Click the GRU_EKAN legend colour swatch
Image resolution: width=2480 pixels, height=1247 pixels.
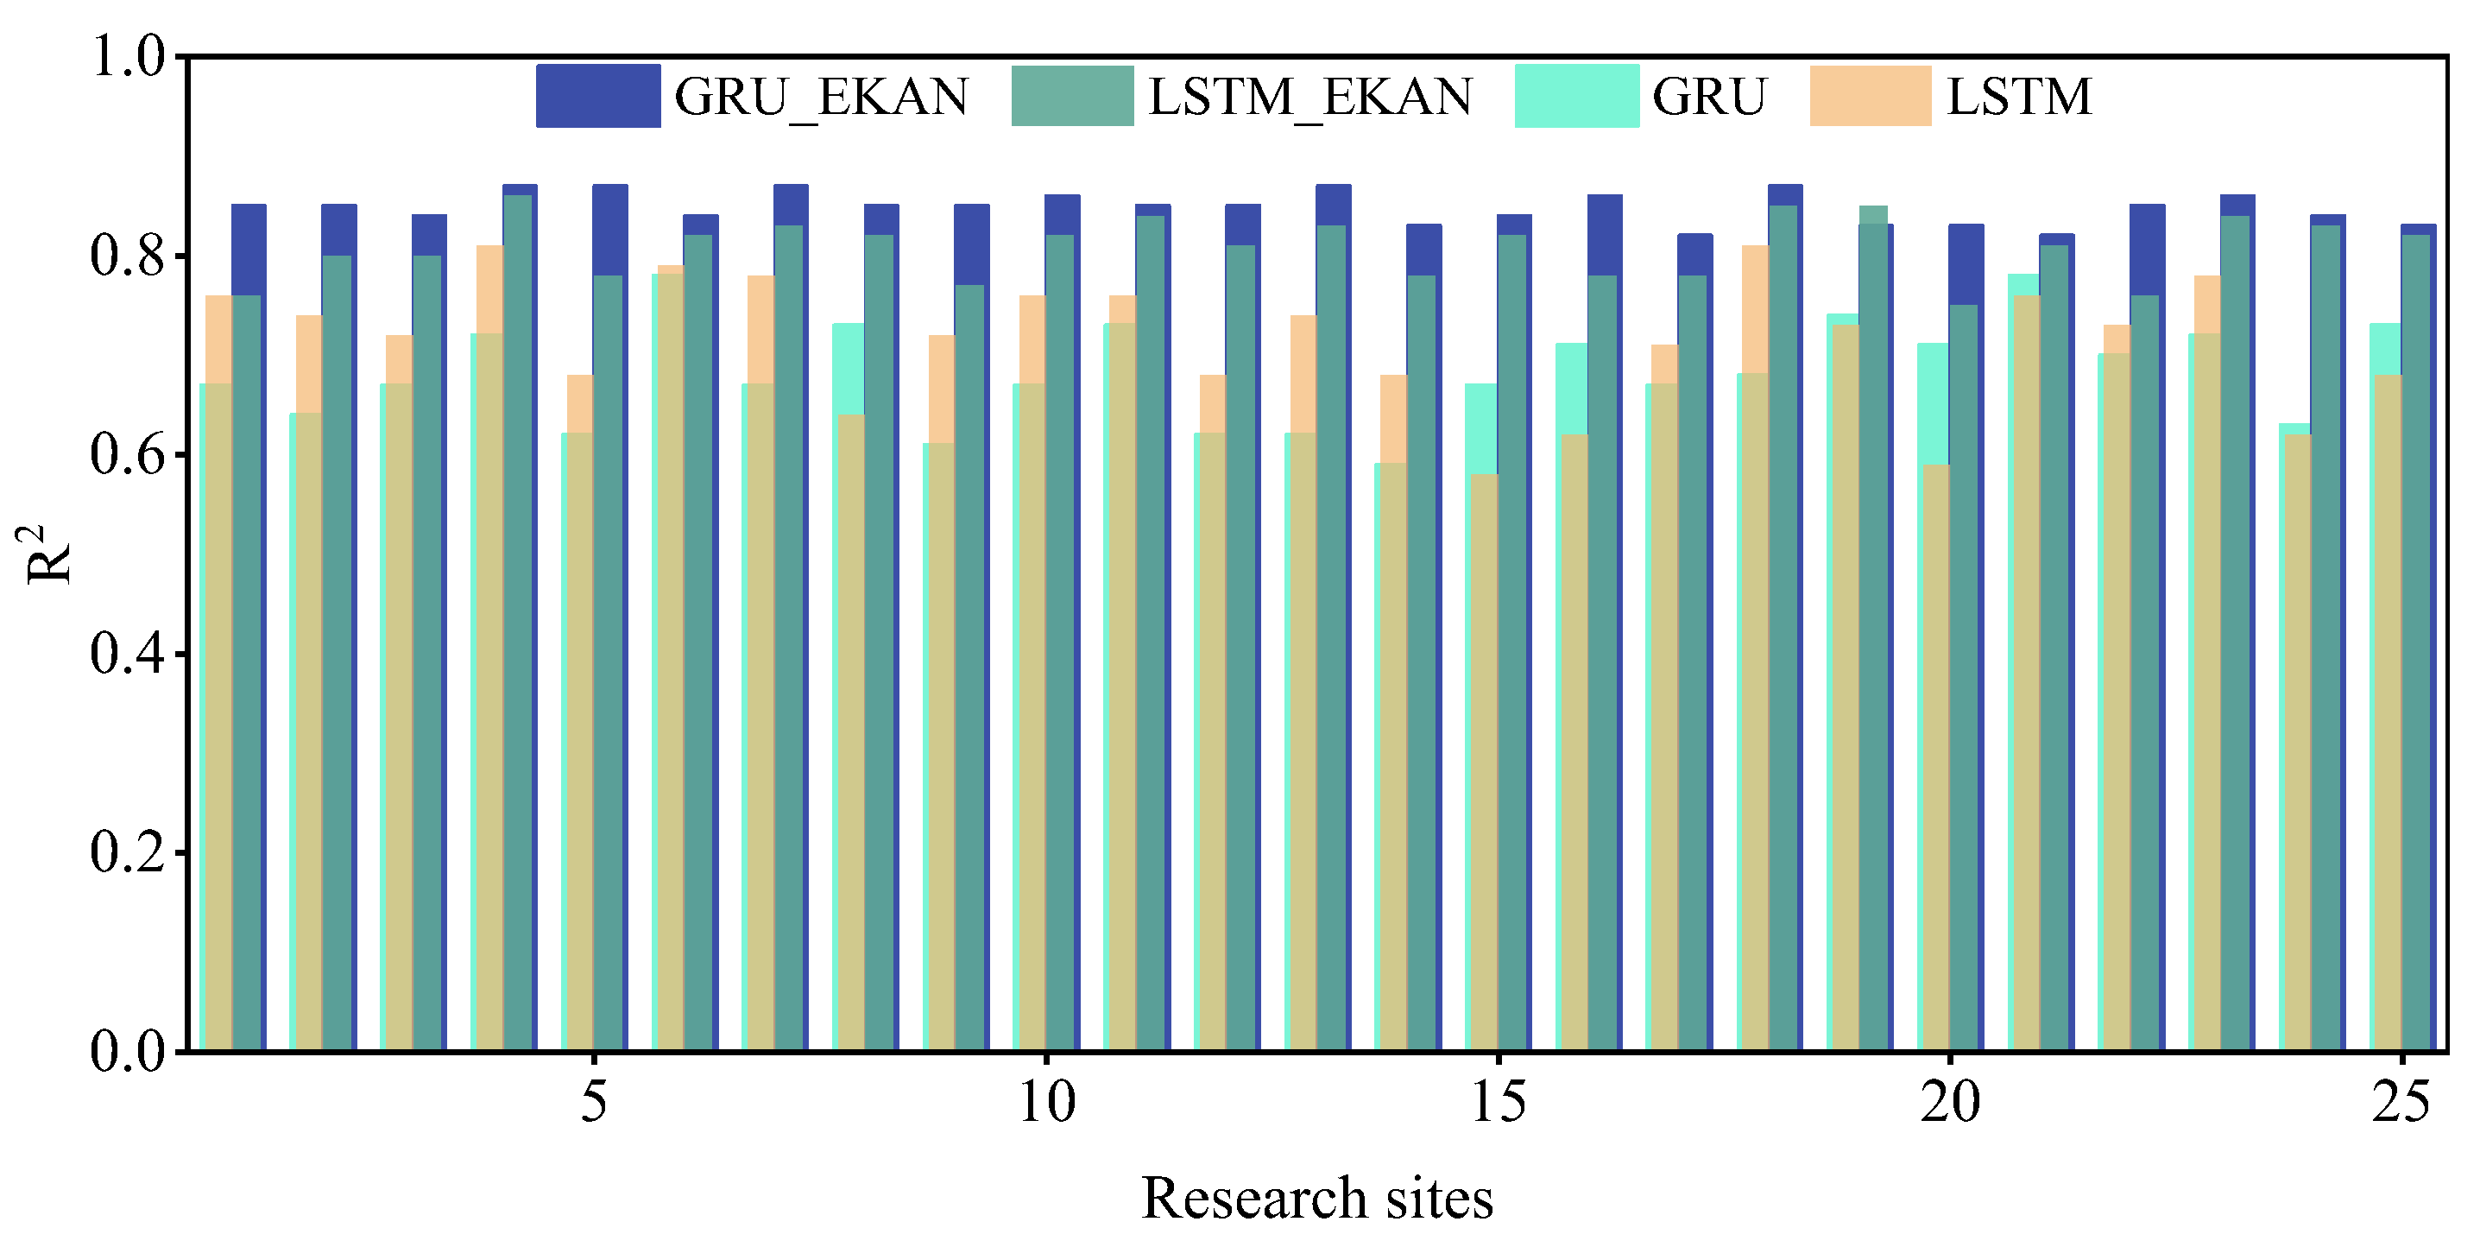click(598, 95)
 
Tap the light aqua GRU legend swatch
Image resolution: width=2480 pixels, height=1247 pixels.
click(1576, 95)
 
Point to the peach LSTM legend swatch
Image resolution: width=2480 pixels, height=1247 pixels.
click(1870, 95)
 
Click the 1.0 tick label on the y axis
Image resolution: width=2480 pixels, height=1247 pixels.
click(128, 57)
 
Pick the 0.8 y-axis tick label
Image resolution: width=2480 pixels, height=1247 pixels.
click(128, 256)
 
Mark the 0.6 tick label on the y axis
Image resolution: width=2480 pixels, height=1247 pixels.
click(128, 454)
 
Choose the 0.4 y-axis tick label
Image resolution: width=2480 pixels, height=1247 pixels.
click(128, 654)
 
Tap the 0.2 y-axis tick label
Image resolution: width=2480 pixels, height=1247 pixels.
click(128, 852)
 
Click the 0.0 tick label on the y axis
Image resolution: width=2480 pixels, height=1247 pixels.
click(128, 1051)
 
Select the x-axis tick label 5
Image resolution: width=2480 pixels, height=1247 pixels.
click(594, 1102)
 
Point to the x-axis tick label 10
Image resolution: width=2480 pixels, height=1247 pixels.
click(1046, 1102)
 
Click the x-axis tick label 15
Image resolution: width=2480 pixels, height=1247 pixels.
click(1498, 1102)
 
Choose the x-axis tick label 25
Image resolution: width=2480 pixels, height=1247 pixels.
click(2402, 1102)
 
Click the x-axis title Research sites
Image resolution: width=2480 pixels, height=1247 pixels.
click(1316, 1198)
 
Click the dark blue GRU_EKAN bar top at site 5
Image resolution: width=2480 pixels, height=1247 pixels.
click(610, 187)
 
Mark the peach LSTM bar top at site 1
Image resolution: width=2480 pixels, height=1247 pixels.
click(218, 298)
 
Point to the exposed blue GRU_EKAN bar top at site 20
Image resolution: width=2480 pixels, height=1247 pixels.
click(1966, 227)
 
